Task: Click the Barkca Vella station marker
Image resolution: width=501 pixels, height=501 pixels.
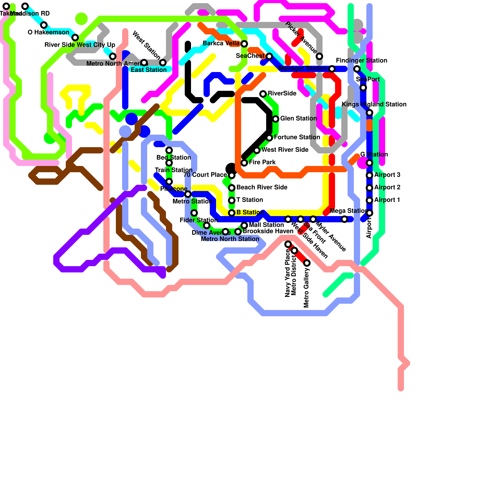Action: [244, 44]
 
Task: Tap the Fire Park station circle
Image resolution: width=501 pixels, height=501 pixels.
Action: [244, 163]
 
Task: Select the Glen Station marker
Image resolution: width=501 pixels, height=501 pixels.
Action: [276, 119]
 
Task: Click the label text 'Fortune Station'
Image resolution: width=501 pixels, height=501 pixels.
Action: [297, 137]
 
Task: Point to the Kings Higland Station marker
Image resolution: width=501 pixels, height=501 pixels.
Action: [369, 113]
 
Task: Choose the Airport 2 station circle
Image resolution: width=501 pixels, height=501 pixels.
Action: [369, 188]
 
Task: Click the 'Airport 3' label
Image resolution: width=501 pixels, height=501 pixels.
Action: [387, 175]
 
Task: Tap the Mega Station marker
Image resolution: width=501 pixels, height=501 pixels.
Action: [344, 219]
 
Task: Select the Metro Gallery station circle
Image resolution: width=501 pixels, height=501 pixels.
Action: [307, 263]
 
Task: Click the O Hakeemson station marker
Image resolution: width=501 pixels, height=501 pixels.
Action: [44, 25]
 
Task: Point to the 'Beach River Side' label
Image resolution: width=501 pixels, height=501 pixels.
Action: [262, 187]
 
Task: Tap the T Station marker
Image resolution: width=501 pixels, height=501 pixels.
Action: [232, 200]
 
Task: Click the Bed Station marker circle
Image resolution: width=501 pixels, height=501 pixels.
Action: [169, 150]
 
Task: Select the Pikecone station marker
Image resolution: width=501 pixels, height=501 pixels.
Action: [169, 182]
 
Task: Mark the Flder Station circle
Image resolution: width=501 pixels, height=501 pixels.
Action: [194, 213]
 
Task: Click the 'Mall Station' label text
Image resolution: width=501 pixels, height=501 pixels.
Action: [266, 225]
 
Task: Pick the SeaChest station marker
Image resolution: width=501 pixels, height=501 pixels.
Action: [269, 56]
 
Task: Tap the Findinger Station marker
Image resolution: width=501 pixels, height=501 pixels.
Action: [357, 69]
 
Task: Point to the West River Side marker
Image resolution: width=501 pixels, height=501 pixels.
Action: [257, 150]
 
